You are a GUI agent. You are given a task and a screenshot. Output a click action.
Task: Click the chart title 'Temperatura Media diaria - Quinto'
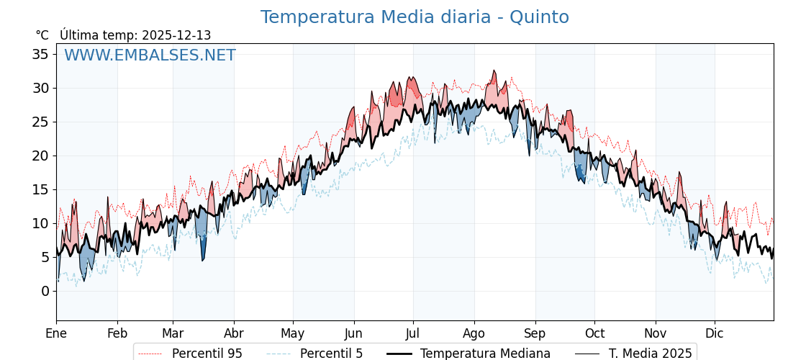click(x=415, y=17)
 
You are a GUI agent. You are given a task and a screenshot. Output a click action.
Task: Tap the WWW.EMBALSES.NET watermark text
click(x=150, y=55)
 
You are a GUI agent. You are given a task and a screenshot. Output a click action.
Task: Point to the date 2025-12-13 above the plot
click(x=176, y=35)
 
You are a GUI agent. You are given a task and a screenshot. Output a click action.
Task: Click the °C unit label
click(x=42, y=35)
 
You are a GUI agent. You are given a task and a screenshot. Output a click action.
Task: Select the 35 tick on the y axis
click(x=40, y=54)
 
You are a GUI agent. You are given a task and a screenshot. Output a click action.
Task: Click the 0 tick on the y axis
click(x=45, y=291)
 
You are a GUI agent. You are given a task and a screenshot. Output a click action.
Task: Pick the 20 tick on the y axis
click(x=40, y=156)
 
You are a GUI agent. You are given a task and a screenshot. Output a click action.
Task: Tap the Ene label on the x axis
click(x=56, y=333)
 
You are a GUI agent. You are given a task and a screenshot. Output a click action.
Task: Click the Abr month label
click(x=234, y=333)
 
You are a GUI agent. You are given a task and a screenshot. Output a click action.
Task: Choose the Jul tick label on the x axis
click(x=413, y=333)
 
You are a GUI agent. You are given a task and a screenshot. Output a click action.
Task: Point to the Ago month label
click(x=474, y=333)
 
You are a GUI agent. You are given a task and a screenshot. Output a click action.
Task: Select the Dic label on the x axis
click(x=715, y=333)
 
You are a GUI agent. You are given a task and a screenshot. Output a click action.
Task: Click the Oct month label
click(x=594, y=333)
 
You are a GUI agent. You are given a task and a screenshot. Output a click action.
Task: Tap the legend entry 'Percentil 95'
click(x=207, y=354)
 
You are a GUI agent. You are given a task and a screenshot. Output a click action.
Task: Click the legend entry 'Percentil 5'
click(x=331, y=354)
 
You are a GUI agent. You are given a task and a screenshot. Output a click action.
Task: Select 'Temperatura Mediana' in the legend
click(x=485, y=354)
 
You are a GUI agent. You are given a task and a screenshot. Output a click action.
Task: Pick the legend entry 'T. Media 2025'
click(x=650, y=354)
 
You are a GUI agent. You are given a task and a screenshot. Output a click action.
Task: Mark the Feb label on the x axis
click(x=117, y=333)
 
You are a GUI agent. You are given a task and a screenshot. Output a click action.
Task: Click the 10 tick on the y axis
click(x=40, y=223)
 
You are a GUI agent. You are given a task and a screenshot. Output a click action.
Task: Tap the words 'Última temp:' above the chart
click(x=99, y=35)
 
